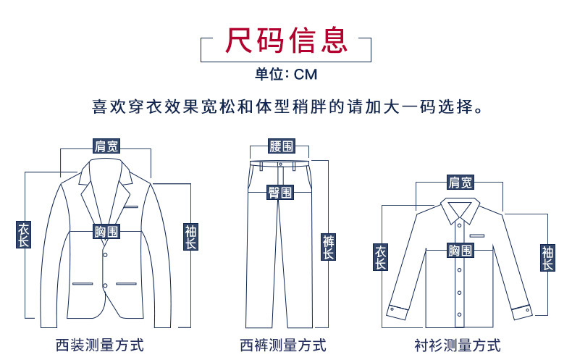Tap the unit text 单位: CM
click(x=286, y=74)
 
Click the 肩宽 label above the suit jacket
click(x=106, y=146)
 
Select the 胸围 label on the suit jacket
click(x=106, y=233)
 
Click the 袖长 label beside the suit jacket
click(x=190, y=237)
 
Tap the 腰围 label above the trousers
click(x=282, y=146)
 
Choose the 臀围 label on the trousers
click(x=280, y=193)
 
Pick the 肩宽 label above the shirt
click(x=460, y=183)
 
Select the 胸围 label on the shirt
click(x=460, y=251)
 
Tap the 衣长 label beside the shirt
click(x=380, y=258)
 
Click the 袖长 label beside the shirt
click(x=548, y=258)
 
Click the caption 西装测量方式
click(x=100, y=345)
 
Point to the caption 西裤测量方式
click(x=283, y=345)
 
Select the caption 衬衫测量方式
click(x=458, y=345)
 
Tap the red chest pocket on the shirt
click(x=477, y=235)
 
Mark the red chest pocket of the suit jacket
click(x=130, y=208)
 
